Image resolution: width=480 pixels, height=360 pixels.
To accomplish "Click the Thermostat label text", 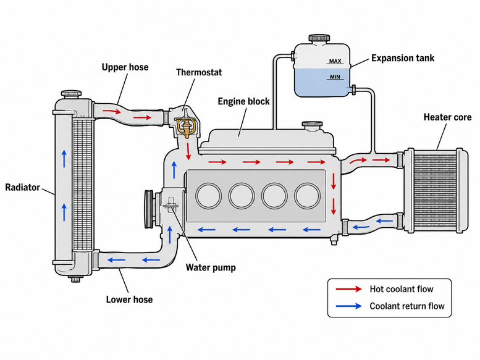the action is point(199,72).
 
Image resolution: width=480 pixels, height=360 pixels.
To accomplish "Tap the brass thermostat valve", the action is point(185,128).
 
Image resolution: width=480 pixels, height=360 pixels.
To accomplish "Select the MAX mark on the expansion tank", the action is point(335,61).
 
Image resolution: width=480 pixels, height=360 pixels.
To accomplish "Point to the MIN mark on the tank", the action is point(335,77).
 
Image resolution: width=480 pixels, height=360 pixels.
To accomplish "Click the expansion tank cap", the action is point(319,38).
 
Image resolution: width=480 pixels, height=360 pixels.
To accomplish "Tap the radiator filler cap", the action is point(71,94).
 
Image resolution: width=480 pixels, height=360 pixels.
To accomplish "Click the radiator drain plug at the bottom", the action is point(75,278).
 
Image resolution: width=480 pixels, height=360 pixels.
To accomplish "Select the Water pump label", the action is point(211,267).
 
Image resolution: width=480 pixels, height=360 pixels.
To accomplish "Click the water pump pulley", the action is point(149,209).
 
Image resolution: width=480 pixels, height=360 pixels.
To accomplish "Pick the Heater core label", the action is point(447,117).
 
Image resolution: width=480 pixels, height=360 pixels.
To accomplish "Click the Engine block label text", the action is point(243,101).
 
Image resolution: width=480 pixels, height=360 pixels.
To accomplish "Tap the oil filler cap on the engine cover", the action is point(312,125).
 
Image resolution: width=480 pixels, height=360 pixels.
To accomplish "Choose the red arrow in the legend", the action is point(348,289).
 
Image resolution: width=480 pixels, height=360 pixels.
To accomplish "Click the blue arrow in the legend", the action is point(348,306).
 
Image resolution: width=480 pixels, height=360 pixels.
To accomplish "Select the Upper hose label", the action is point(125,67).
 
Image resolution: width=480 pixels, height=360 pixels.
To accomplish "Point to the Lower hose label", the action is point(129,299).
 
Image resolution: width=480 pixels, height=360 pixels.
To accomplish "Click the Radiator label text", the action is point(23,187).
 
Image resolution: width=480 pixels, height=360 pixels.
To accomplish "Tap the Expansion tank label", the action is point(403,58).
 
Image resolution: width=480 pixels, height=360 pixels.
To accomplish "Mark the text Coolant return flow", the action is point(407,306).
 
